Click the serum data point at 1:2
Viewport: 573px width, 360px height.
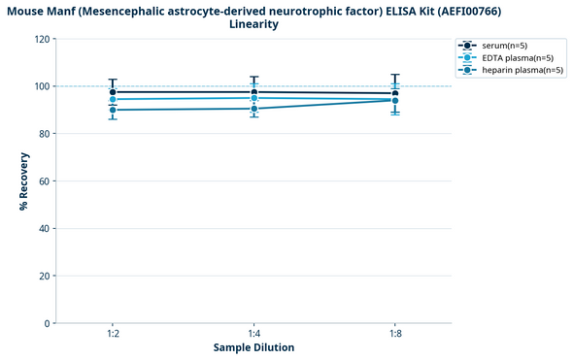click(x=113, y=92)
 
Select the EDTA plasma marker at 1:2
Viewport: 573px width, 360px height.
click(x=113, y=99)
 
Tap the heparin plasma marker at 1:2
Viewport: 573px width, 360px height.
click(x=113, y=110)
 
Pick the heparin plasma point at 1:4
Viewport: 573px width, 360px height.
click(x=254, y=109)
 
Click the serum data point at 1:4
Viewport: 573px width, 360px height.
click(x=254, y=92)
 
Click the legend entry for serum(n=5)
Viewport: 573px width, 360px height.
click(x=504, y=46)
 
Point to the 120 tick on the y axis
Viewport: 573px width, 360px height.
click(x=43, y=40)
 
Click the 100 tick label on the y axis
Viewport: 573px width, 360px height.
click(x=43, y=86)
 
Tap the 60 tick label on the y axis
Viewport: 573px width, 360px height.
click(x=45, y=181)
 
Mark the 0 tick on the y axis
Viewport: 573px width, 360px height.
click(x=48, y=323)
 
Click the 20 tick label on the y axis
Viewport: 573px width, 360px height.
click(x=45, y=276)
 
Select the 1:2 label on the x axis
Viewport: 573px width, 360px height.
click(x=113, y=334)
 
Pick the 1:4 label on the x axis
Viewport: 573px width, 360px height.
click(x=254, y=334)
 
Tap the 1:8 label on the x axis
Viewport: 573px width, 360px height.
click(x=395, y=334)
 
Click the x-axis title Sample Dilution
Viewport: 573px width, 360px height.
click(x=253, y=347)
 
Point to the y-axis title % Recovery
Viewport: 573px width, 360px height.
click(x=23, y=181)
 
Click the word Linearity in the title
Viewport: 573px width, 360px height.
click(x=253, y=24)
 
